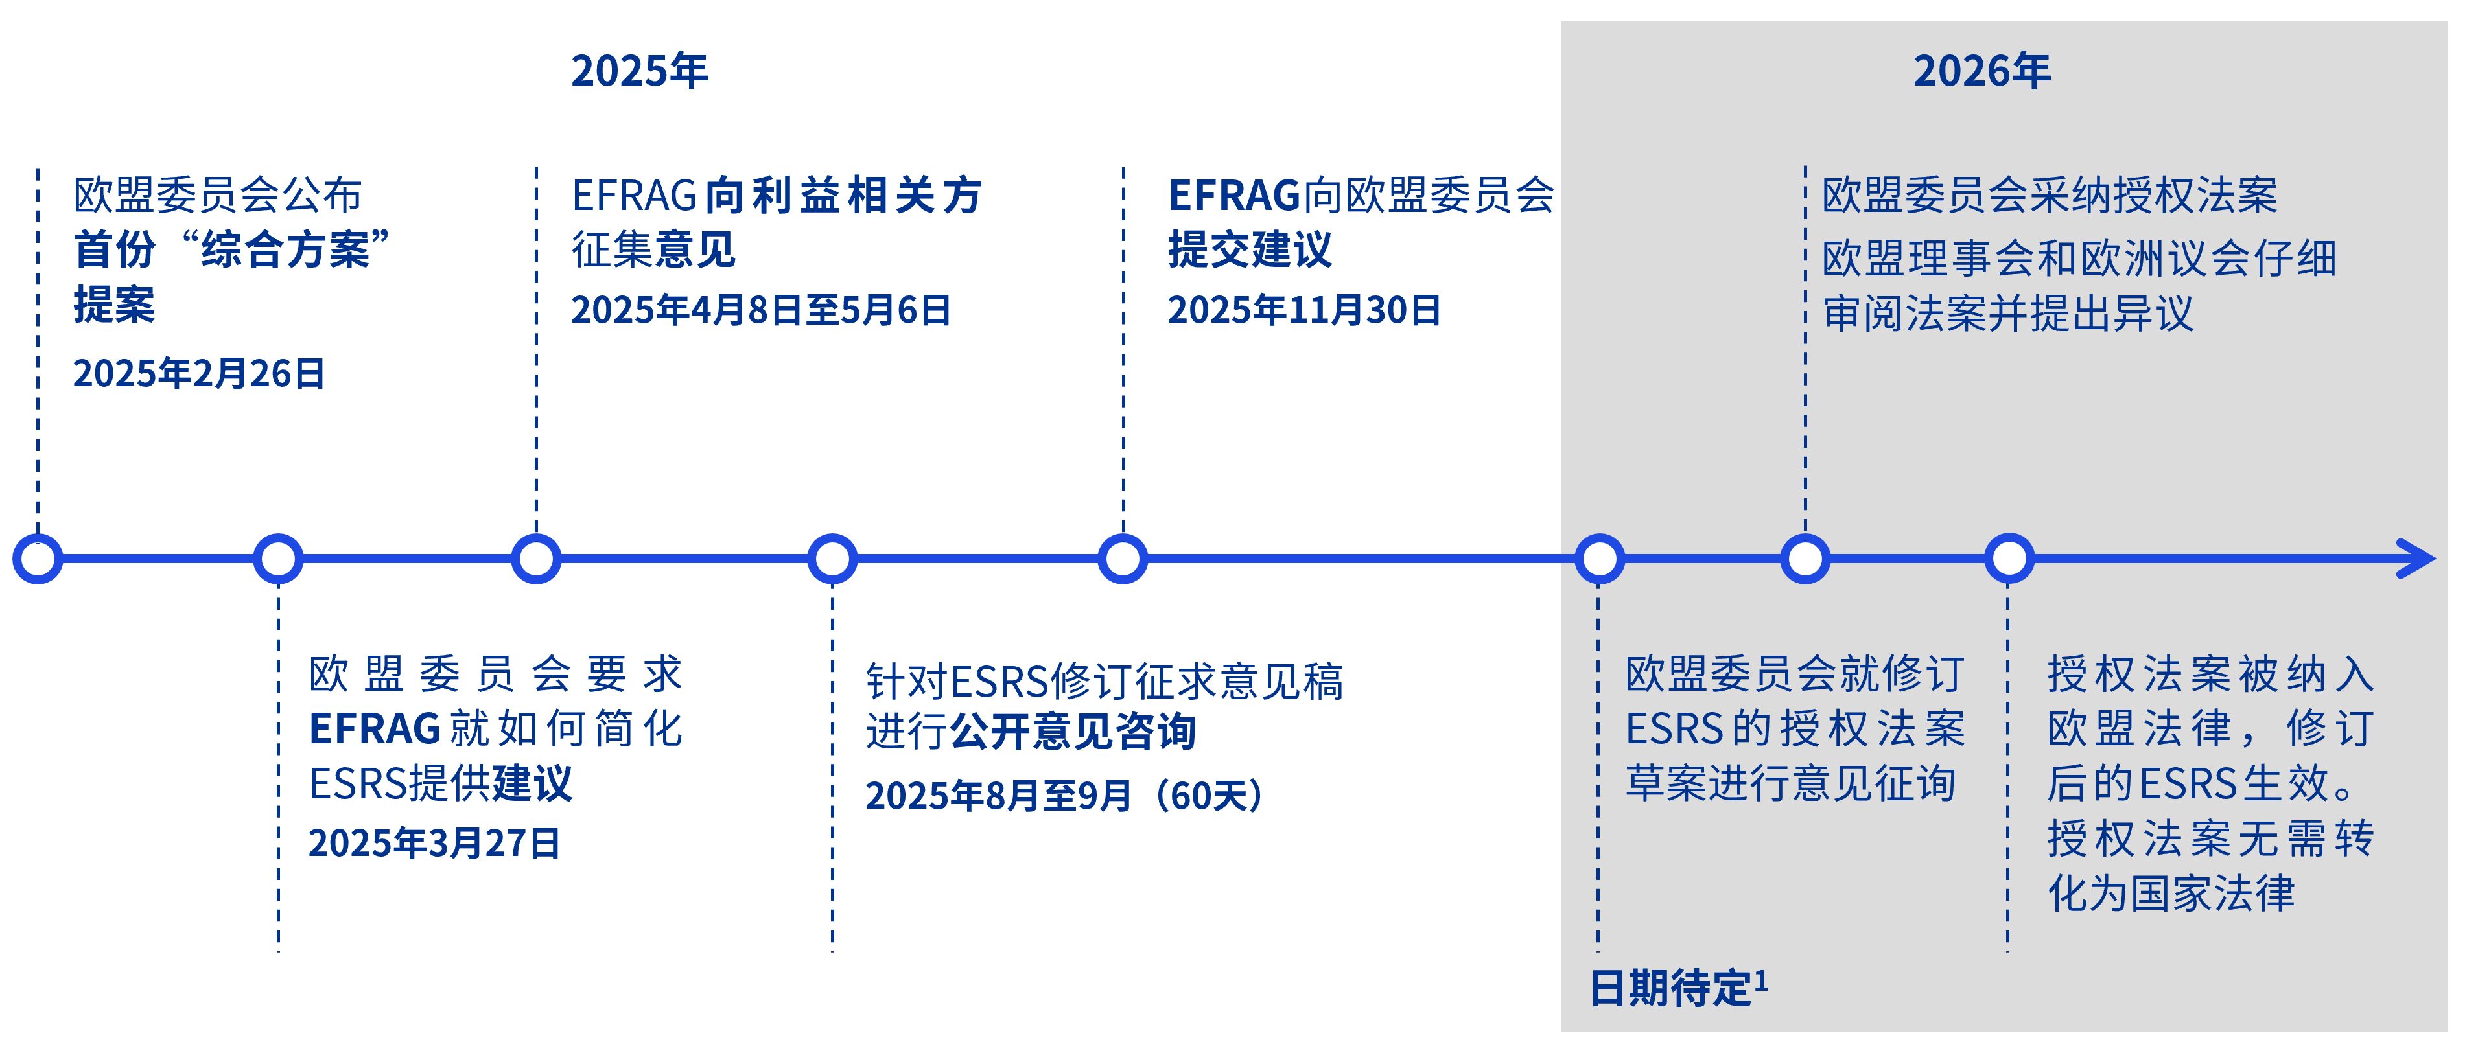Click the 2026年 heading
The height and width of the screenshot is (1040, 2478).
[1981, 71]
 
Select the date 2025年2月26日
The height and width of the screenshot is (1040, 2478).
[199, 373]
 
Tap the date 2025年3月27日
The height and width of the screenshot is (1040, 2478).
[434, 843]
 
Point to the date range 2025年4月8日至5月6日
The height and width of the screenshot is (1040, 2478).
[761, 310]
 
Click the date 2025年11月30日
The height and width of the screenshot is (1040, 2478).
[1303, 310]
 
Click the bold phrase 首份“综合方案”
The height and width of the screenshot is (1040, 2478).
[232, 250]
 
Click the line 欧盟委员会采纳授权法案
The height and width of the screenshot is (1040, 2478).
[2049, 195]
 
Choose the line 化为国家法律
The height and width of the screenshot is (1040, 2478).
[2170, 894]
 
